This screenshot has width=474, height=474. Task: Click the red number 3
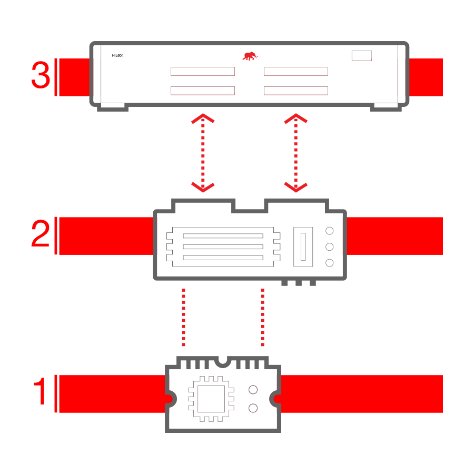pos(41,75)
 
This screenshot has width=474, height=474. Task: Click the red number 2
pos(40,233)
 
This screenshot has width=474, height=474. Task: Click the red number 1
pos(40,391)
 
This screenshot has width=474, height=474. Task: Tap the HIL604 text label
pos(117,56)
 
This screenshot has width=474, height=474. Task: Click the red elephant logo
pos(250,56)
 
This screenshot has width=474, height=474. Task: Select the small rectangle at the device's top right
pos(361,56)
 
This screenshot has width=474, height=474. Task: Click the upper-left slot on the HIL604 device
pos(203,71)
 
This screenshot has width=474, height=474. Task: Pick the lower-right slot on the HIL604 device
pos(296,91)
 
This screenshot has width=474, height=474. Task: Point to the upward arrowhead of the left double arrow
pos(203,118)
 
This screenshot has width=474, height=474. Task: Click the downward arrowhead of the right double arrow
pos(296,187)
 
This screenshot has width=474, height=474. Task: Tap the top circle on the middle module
pos(330,231)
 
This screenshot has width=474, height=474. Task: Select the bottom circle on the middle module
pos(330,263)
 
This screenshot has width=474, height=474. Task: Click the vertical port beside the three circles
pos(303,246)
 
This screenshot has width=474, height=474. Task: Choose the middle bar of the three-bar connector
pos(223,246)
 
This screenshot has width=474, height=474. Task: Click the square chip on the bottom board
pos(211,399)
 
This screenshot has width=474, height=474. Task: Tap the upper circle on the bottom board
pos(253,390)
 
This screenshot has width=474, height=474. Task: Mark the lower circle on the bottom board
pos(253,408)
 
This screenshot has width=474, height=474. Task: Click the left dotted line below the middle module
pos(183,318)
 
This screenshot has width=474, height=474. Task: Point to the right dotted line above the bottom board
pos(263,318)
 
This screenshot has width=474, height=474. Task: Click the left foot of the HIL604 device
pos(113,107)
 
